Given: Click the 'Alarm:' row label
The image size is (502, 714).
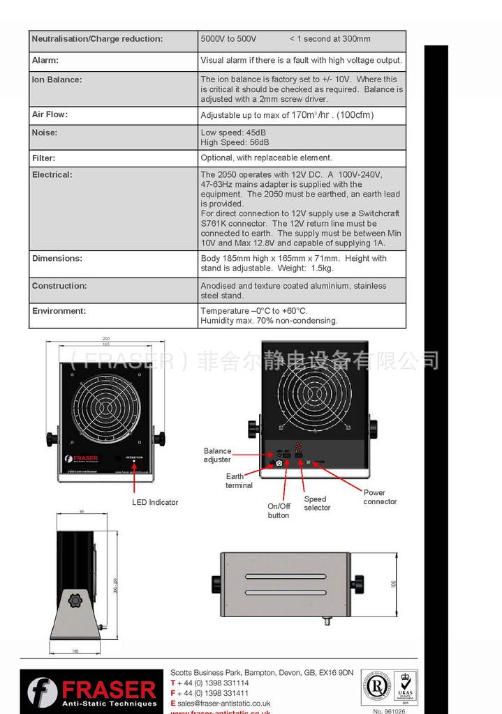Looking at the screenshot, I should [x=45, y=61].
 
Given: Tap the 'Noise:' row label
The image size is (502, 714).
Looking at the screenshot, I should [x=45, y=132].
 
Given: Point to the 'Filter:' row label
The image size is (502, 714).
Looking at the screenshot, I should [x=43, y=158].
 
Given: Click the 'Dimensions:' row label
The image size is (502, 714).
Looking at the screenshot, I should [x=57, y=258].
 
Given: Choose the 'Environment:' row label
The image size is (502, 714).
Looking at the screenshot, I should [x=59, y=311].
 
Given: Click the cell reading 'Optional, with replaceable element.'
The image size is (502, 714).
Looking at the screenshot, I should [x=266, y=158].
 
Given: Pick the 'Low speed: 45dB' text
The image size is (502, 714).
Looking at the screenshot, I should [x=233, y=132].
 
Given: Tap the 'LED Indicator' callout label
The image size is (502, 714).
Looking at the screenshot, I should [x=155, y=502].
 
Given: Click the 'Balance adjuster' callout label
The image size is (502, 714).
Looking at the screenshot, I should [x=217, y=455].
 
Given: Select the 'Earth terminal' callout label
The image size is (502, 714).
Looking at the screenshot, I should [x=239, y=481].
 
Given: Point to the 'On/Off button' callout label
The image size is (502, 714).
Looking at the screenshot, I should [x=279, y=511].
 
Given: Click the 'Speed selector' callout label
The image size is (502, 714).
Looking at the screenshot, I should [x=316, y=503].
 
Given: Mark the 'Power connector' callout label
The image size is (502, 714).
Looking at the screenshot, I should [x=379, y=497].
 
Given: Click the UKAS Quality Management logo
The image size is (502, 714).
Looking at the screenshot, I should [x=406, y=688].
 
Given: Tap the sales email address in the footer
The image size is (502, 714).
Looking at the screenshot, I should [x=223, y=704].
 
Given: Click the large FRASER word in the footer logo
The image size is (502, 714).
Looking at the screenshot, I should [x=108, y=690].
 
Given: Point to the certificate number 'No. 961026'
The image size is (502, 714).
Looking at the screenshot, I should [x=389, y=711].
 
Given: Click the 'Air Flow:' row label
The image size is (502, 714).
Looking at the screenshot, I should [x=50, y=114].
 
